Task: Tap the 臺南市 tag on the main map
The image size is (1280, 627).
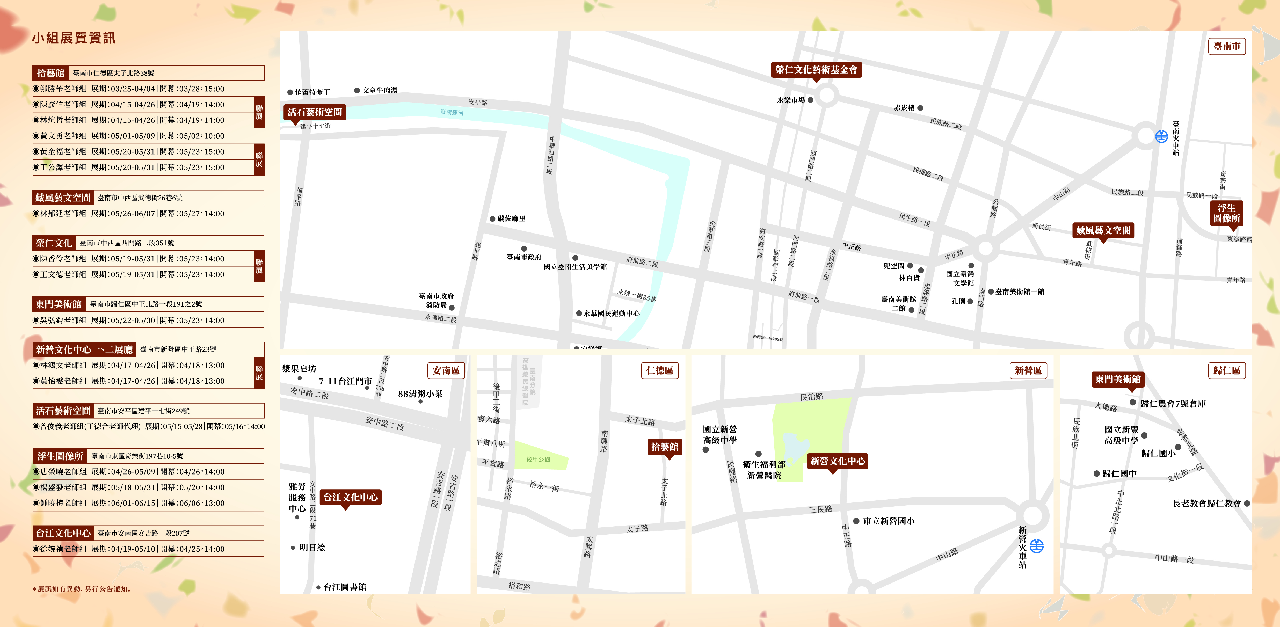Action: (1226, 46)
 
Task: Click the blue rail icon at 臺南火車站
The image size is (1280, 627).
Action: (1161, 136)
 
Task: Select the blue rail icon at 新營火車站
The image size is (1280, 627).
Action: (1037, 546)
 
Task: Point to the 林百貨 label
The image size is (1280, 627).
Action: (909, 278)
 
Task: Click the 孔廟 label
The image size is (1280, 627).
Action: (958, 301)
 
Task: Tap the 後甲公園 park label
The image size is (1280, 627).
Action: (538, 460)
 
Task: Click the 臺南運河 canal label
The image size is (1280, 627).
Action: (452, 112)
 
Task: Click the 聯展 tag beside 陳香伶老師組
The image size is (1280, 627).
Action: (259, 266)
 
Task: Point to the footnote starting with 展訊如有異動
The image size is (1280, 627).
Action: (83, 589)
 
